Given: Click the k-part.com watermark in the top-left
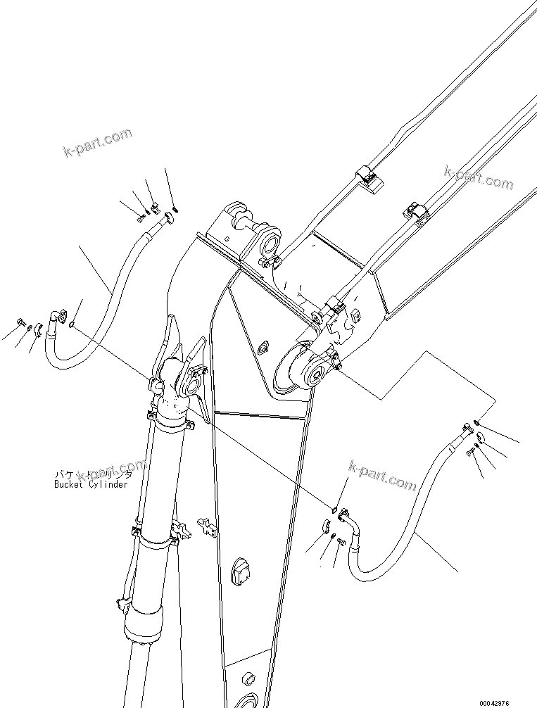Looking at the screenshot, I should coord(97,143).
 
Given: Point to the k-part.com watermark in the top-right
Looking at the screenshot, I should coord(479,177).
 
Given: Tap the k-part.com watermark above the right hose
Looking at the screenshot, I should coord(381,476).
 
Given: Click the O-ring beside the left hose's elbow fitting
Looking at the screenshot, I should coord(73,324).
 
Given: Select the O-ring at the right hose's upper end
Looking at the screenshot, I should coord(476,422).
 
